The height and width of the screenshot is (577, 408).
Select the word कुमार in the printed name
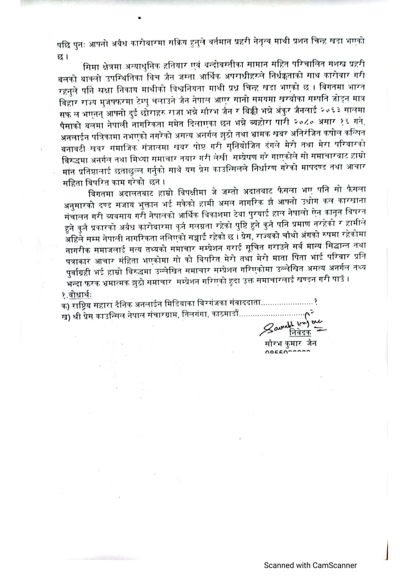click(291, 343)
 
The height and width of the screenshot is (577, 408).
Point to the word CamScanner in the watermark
click(334, 565)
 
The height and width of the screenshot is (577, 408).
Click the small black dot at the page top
click(140, 17)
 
